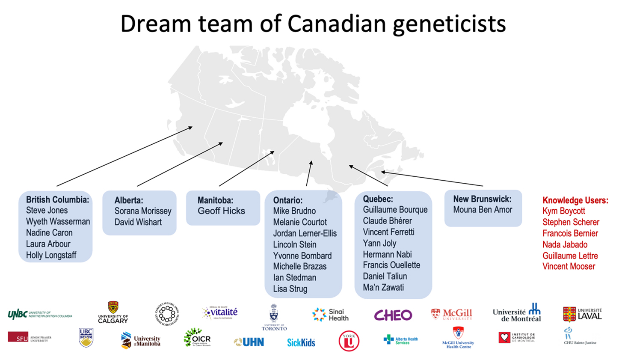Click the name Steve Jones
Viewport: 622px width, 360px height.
point(47,210)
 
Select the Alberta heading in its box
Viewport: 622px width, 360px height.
point(128,200)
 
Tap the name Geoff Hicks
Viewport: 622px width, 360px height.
point(221,211)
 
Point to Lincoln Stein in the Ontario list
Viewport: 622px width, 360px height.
point(295,244)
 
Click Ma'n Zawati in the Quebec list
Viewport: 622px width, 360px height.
point(383,287)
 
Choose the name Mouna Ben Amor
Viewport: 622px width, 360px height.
point(483,210)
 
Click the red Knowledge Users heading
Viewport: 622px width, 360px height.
point(575,200)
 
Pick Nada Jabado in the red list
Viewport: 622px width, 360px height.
point(565,244)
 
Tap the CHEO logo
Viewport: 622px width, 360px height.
point(393,315)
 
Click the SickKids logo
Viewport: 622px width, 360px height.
point(301,342)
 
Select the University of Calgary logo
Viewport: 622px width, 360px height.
point(113,312)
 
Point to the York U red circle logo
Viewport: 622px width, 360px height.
point(349,341)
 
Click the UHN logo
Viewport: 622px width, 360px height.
point(249,342)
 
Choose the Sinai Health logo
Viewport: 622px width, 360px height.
point(330,315)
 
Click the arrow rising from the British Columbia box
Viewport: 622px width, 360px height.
point(124,156)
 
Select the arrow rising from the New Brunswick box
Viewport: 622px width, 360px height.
point(432,179)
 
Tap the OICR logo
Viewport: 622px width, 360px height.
point(197,338)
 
